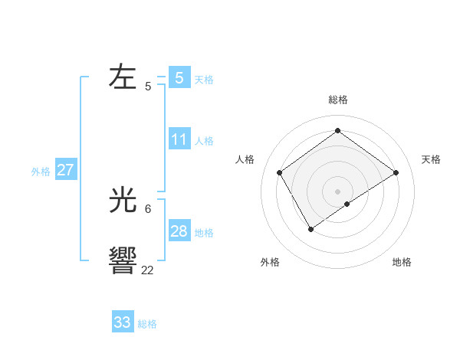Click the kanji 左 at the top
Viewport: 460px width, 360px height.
(x=123, y=77)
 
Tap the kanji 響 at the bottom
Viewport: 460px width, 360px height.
(x=123, y=261)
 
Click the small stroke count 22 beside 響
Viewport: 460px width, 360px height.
(x=147, y=269)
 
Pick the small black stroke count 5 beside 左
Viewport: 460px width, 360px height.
(x=148, y=86)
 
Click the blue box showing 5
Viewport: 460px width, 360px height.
(x=179, y=77)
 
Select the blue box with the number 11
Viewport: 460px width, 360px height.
(x=179, y=139)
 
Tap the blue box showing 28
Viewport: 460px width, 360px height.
(x=179, y=231)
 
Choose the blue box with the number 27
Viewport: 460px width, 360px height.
(x=66, y=170)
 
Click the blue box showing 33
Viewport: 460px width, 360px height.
(x=123, y=322)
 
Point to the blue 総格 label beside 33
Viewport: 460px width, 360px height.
(x=147, y=324)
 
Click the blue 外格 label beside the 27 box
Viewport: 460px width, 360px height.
(x=41, y=172)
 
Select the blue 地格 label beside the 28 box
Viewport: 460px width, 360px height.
(x=204, y=233)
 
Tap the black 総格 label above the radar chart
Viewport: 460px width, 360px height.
(x=337, y=100)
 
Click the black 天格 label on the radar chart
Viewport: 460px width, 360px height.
(x=431, y=159)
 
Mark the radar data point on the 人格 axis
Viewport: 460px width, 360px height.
(x=280, y=173)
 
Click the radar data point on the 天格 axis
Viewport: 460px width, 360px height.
(x=396, y=172)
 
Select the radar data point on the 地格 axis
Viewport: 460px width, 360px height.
(x=347, y=204)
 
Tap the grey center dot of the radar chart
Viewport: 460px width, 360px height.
(x=337, y=191)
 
